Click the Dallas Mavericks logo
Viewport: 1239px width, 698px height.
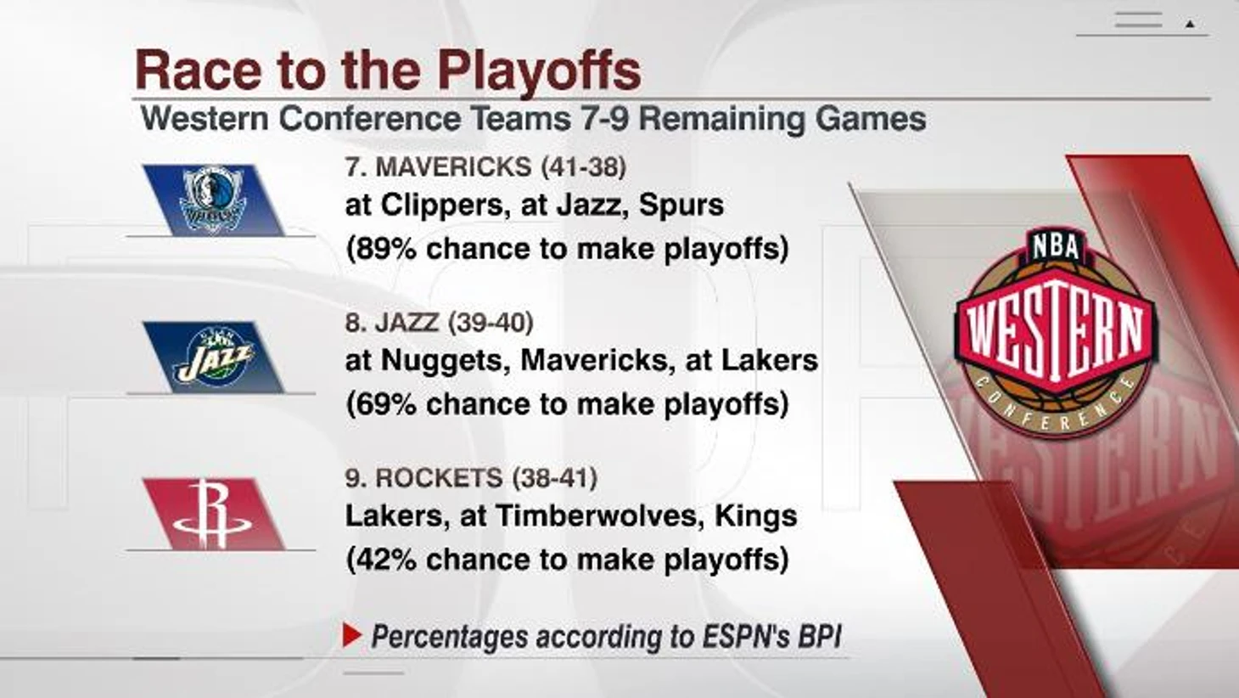point(213,200)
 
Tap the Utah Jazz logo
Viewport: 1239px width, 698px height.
point(214,357)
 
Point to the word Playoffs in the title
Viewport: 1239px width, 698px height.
point(539,70)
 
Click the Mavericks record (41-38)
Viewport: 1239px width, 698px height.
point(584,166)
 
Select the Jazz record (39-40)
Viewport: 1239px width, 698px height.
point(491,323)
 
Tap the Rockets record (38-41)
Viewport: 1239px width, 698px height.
point(555,478)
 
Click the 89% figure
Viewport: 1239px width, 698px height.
point(386,249)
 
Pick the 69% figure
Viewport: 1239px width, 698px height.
point(386,403)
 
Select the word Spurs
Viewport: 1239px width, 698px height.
point(681,206)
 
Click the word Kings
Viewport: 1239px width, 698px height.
point(756,516)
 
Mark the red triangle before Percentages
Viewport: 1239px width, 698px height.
point(352,635)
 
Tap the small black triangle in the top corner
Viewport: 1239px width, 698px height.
point(1191,25)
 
